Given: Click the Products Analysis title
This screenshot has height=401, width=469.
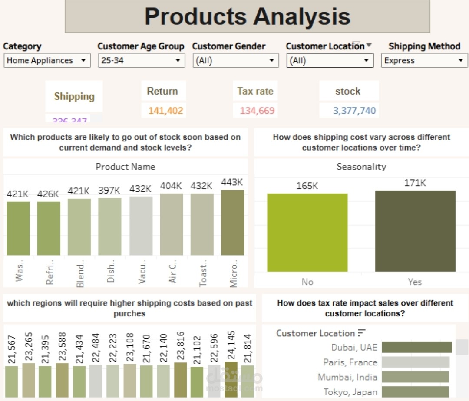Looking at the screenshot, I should coord(247,16).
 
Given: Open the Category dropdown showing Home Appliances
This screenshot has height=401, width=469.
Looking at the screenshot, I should coord(47,61).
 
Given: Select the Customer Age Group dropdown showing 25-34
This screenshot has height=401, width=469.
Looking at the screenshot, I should coord(142,61).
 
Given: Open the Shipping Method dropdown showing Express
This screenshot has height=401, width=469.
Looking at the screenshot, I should coord(424,61).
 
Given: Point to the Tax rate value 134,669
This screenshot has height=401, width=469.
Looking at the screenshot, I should coord(257,111).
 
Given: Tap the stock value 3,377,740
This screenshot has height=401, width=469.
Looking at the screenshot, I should coord(354,111).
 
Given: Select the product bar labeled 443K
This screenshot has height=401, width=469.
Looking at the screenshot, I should coord(232,222).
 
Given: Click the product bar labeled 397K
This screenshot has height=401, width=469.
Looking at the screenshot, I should coord(109,227).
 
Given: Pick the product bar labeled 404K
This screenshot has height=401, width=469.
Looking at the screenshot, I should coord(171,224).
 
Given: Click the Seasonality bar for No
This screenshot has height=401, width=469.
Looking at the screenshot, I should coord(307,232).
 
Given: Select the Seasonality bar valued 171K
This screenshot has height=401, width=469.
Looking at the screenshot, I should coord(415,231).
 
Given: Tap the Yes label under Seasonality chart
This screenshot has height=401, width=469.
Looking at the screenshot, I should coord(415,282).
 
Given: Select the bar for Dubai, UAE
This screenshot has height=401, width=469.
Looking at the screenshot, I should coord(416,347).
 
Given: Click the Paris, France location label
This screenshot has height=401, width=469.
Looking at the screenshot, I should coord(350,362).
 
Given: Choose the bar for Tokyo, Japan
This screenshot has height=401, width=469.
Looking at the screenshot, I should coord(415,392).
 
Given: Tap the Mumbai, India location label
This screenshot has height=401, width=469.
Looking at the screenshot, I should coord(347,377).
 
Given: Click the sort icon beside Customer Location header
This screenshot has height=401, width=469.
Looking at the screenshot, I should coord(362,333).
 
